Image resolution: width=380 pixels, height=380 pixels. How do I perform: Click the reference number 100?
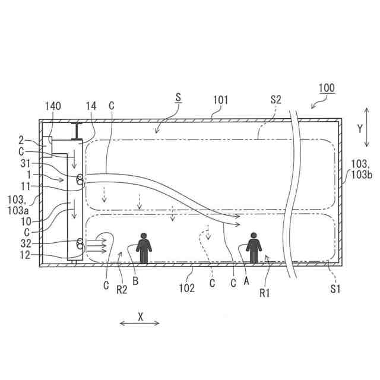327,88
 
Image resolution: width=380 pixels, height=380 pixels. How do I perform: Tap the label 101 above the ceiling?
220,100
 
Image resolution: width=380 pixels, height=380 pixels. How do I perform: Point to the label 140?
53,106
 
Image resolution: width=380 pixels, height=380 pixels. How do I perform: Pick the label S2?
275,100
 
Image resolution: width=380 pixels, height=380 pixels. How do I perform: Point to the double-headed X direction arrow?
140,323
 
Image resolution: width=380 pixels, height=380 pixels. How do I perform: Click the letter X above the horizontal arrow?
140,316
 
